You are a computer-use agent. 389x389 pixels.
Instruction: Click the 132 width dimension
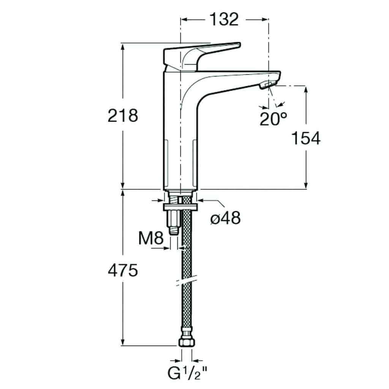click(224, 20)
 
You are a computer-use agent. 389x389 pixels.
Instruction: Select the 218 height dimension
click(123, 115)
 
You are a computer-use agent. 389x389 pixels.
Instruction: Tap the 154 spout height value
click(306, 138)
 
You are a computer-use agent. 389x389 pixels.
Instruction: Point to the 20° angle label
click(273, 119)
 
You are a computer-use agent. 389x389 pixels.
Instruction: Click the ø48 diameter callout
click(226, 218)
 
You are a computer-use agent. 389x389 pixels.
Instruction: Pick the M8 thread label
click(151, 238)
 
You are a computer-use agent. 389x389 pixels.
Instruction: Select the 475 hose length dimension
click(123, 270)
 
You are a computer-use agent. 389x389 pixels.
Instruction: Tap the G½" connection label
click(188, 373)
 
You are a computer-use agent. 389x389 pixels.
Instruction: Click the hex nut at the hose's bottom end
click(187, 342)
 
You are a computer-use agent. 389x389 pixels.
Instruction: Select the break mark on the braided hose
click(187, 280)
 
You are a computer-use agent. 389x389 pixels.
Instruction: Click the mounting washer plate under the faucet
click(180, 207)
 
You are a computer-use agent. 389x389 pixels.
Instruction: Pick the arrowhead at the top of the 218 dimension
click(123, 47)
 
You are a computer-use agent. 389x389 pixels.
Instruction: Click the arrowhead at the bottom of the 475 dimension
click(123, 342)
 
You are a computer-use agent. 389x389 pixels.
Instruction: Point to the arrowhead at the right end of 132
click(264, 20)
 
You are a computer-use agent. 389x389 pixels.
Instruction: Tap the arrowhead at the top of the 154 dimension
click(306, 90)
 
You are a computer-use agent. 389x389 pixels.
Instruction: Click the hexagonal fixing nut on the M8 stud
click(174, 218)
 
